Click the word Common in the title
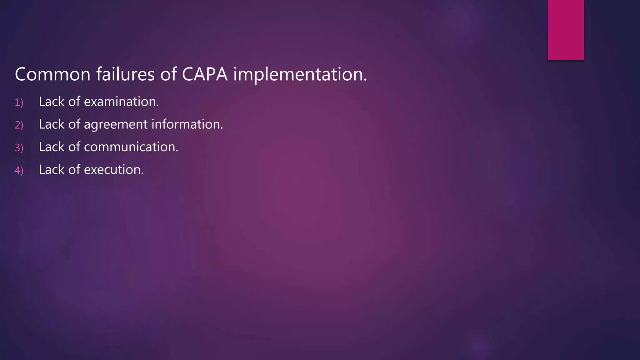click(52, 75)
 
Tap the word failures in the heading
click(125, 75)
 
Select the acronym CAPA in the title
click(205, 75)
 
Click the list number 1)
click(19, 102)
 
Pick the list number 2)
click(19, 125)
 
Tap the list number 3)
click(19, 148)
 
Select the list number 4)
click(19, 171)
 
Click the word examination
click(121, 102)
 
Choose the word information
click(187, 124)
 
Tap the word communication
click(131, 147)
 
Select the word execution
click(114, 170)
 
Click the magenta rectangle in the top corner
click(566, 30)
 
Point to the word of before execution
click(74, 170)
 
